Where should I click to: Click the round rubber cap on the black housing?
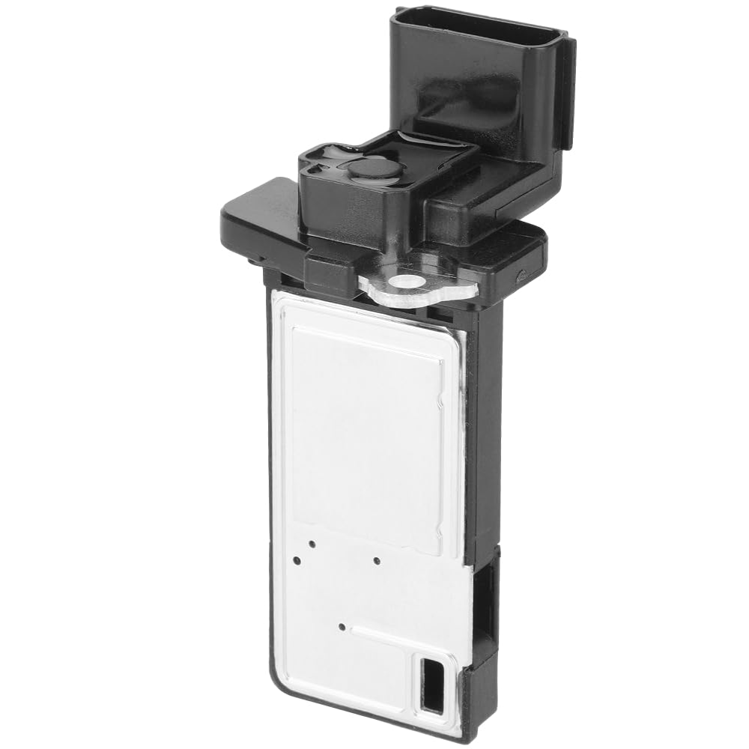coord(374,167)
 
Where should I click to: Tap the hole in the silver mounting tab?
coord(407,282)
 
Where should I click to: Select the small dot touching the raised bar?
coord(342,625)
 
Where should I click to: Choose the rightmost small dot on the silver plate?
coord(377,560)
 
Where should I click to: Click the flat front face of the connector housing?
coord(472,90)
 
